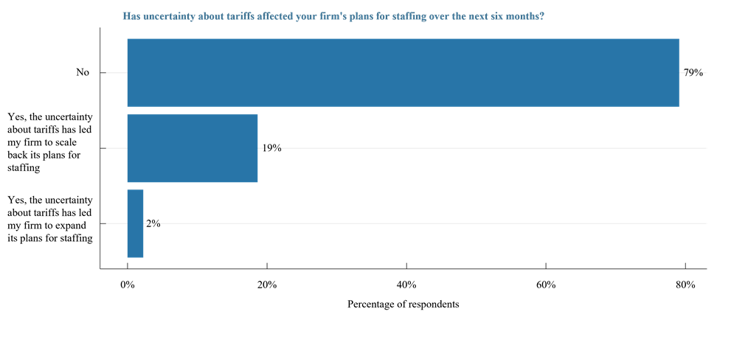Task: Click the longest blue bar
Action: pos(403,72)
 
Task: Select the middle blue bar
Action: pos(193,148)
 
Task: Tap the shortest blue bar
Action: pos(135,223)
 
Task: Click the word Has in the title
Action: pos(131,16)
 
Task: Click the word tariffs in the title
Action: pos(240,16)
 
